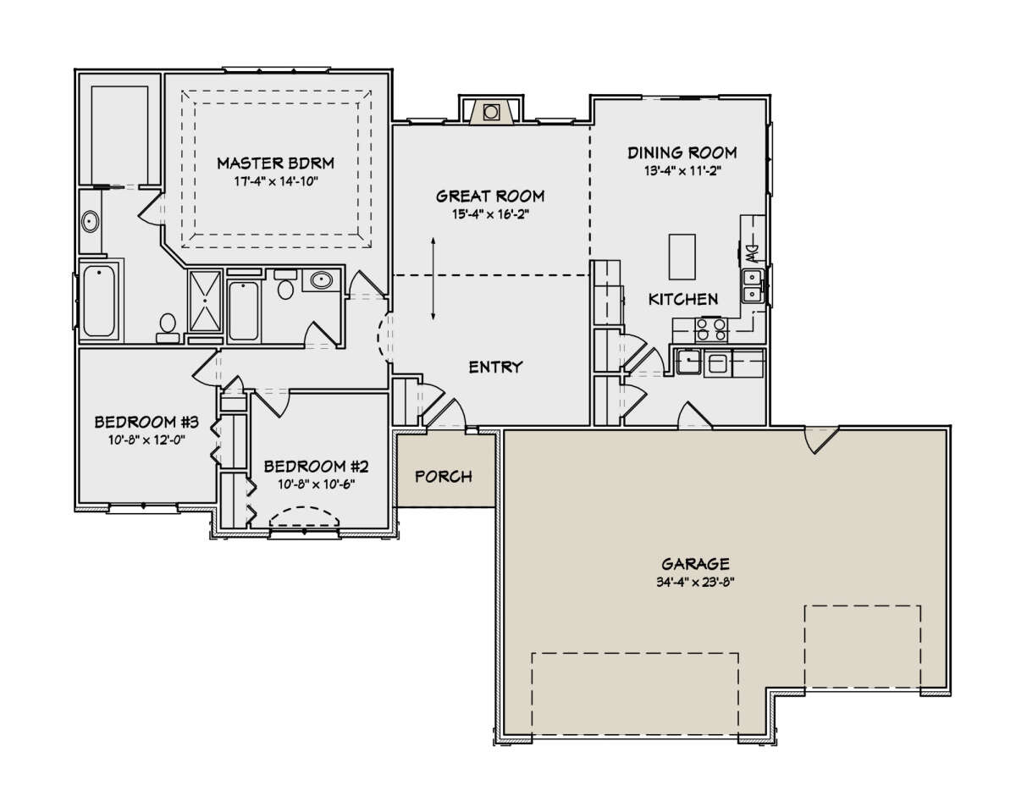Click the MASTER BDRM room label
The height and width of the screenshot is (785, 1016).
(x=275, y=163)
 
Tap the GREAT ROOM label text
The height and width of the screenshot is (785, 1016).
(x=490, y=196)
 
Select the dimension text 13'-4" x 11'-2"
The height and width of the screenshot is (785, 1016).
(x=682, y=171)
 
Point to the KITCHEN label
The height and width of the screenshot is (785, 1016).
(x=682, y=299)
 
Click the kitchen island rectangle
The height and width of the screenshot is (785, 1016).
(x=682, y=257)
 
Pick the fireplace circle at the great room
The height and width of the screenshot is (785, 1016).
(x=490, y=112)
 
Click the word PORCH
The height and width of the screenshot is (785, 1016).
(x=444, y=477)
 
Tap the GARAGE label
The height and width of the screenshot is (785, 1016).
(x=695, y=564)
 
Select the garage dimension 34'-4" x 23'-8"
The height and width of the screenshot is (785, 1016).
(x=695, y=583)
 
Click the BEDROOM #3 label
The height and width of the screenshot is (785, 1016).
(x=146, y=423)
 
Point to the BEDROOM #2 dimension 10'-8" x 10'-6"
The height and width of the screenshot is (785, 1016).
(x=316, y=484)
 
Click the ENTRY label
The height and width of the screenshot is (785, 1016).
(x=495, y=367)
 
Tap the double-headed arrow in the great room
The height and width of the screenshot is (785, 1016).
(x=433, y=279)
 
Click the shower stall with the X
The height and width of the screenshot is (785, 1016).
(x=205, y=301)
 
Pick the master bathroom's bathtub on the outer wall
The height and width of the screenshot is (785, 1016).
(x=99, y=301)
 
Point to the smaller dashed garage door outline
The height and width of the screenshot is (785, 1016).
(x=863, y=647)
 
